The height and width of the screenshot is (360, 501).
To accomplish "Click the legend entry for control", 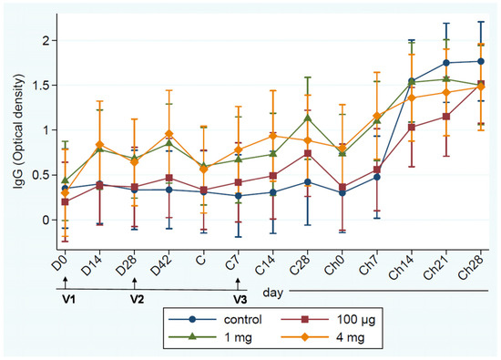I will (x=216, y=320).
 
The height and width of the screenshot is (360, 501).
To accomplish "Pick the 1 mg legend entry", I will (x=216, y=339).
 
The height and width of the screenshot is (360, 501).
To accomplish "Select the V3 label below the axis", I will (x=240, y=298).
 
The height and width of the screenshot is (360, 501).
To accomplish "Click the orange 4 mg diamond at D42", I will (x=169, y=134).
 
